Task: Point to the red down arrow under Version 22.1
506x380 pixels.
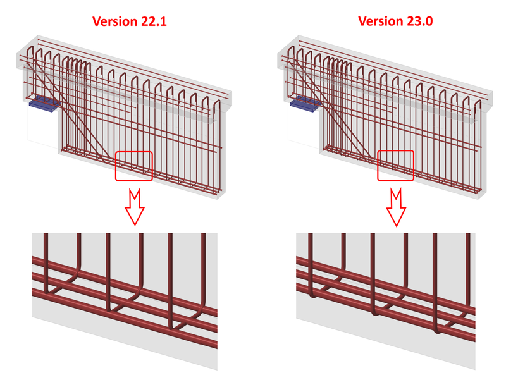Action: (x=134, y=206)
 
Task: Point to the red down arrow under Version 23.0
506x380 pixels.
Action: (x=397, y=206)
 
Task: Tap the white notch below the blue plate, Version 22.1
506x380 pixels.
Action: (x=42, y=126)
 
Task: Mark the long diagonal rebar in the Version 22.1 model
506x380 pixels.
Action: (x=70, y=107)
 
